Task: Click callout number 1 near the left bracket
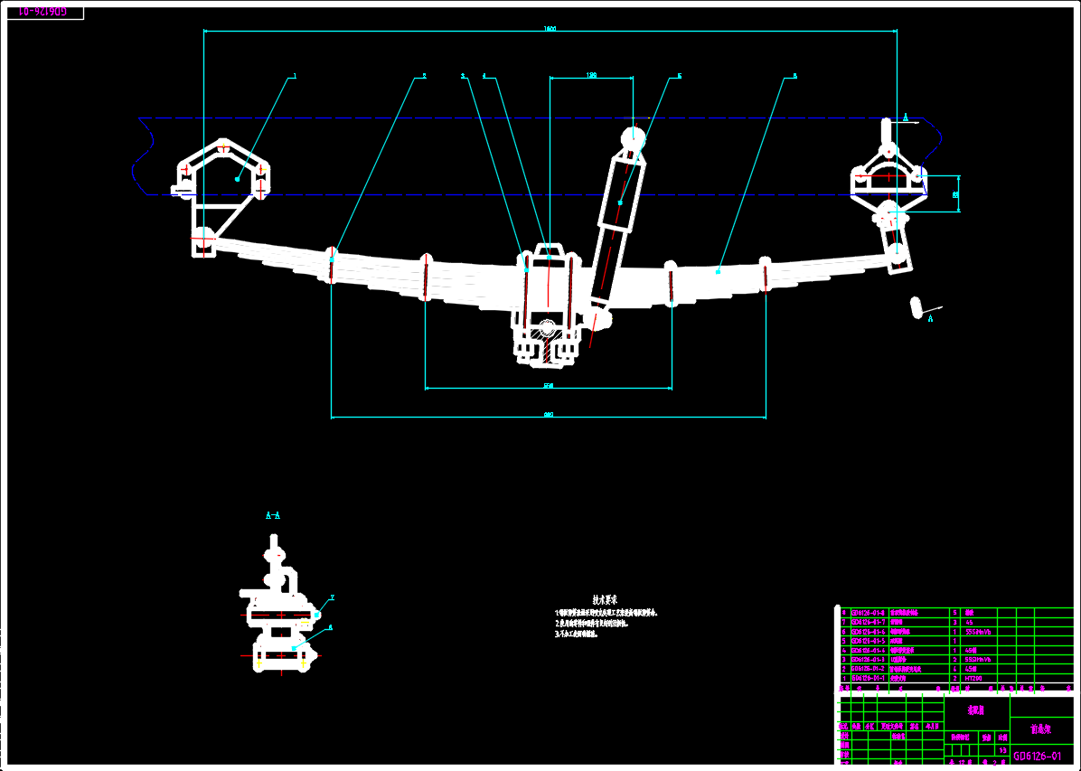pyautogui.click(x=295, y=77)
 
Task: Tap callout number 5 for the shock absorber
pyautogui.click(x=679, y=76)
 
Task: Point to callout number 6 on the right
pyautogui.click(x=794, y=76)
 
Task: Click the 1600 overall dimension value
pyautogui.click(x=550, y=28)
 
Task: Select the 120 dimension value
pyautogui.click(x=591, y=75)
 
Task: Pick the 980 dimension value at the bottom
pyautogui.click(x=548, y=415)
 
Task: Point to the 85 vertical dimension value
pyautogui.click(x=956, y=193)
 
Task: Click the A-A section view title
pyautogui.click(x=273, y=515)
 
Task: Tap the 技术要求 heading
pyautogui.click(x=605, y=599)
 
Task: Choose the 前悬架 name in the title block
pyautogui.click(x=1041, y=729)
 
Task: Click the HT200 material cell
pyautogui.click(x=973, y=677)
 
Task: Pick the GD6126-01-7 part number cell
pyautogui.click(x=869, y=622)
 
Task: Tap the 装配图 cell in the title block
pyautogui.click(x=976, y=710)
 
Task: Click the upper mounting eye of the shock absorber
pyautogui.click(x=633, y=138)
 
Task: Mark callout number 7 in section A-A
pyautogui.click(x=332, y=597)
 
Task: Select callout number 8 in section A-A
pyautogui.click(x=330, y=626)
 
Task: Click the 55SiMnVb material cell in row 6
pyautogui.click(x=979, y=632)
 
